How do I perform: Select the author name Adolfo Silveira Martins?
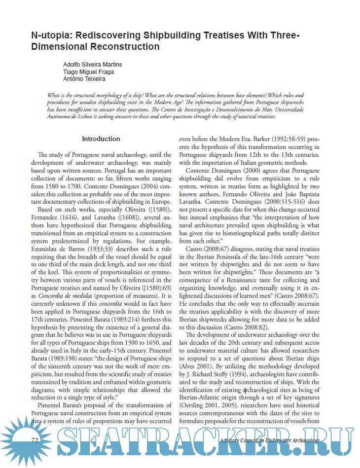tap(92, 65)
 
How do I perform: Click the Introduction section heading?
tap(101, 139)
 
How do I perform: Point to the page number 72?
tap(35, 440)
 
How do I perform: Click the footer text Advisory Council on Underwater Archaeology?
tap(270, 440)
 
